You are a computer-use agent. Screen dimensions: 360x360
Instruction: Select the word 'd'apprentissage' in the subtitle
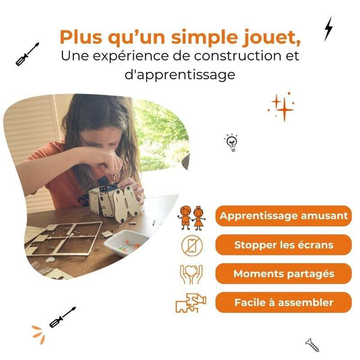click(180, 76)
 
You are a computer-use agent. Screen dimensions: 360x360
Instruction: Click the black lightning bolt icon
click(328, 28)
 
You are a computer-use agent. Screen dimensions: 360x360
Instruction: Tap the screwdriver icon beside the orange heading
click(28, 54)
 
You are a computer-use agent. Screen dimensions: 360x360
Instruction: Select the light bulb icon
click(231, 142)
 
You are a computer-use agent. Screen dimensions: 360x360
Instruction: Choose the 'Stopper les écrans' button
click(283, 245)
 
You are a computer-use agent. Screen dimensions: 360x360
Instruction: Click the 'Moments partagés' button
click(283, 274)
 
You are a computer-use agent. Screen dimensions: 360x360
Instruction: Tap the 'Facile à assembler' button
click(283, 302)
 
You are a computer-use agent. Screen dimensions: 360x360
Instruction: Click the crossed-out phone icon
click(191, 245)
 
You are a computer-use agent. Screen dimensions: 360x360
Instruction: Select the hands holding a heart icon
click(191, 274)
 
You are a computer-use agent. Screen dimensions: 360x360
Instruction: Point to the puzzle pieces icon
click(191, 303)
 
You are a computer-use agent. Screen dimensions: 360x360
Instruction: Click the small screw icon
click(311, 344)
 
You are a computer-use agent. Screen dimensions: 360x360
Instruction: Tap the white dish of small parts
click(125, 243)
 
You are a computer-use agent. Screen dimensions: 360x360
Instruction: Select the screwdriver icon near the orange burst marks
click(62, 317)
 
